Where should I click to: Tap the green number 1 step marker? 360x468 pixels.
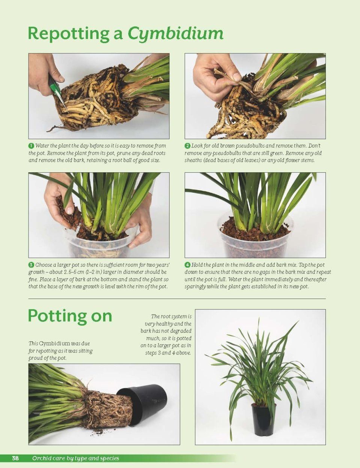pos(31,146)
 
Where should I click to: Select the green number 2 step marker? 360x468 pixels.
pos(187,146)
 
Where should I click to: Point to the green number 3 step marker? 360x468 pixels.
pos(31,265)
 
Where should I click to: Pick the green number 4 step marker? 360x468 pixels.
pos(187,265)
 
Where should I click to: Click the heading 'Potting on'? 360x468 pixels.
pos(70,317)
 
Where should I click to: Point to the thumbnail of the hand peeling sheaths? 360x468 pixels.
pos(255,96)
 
